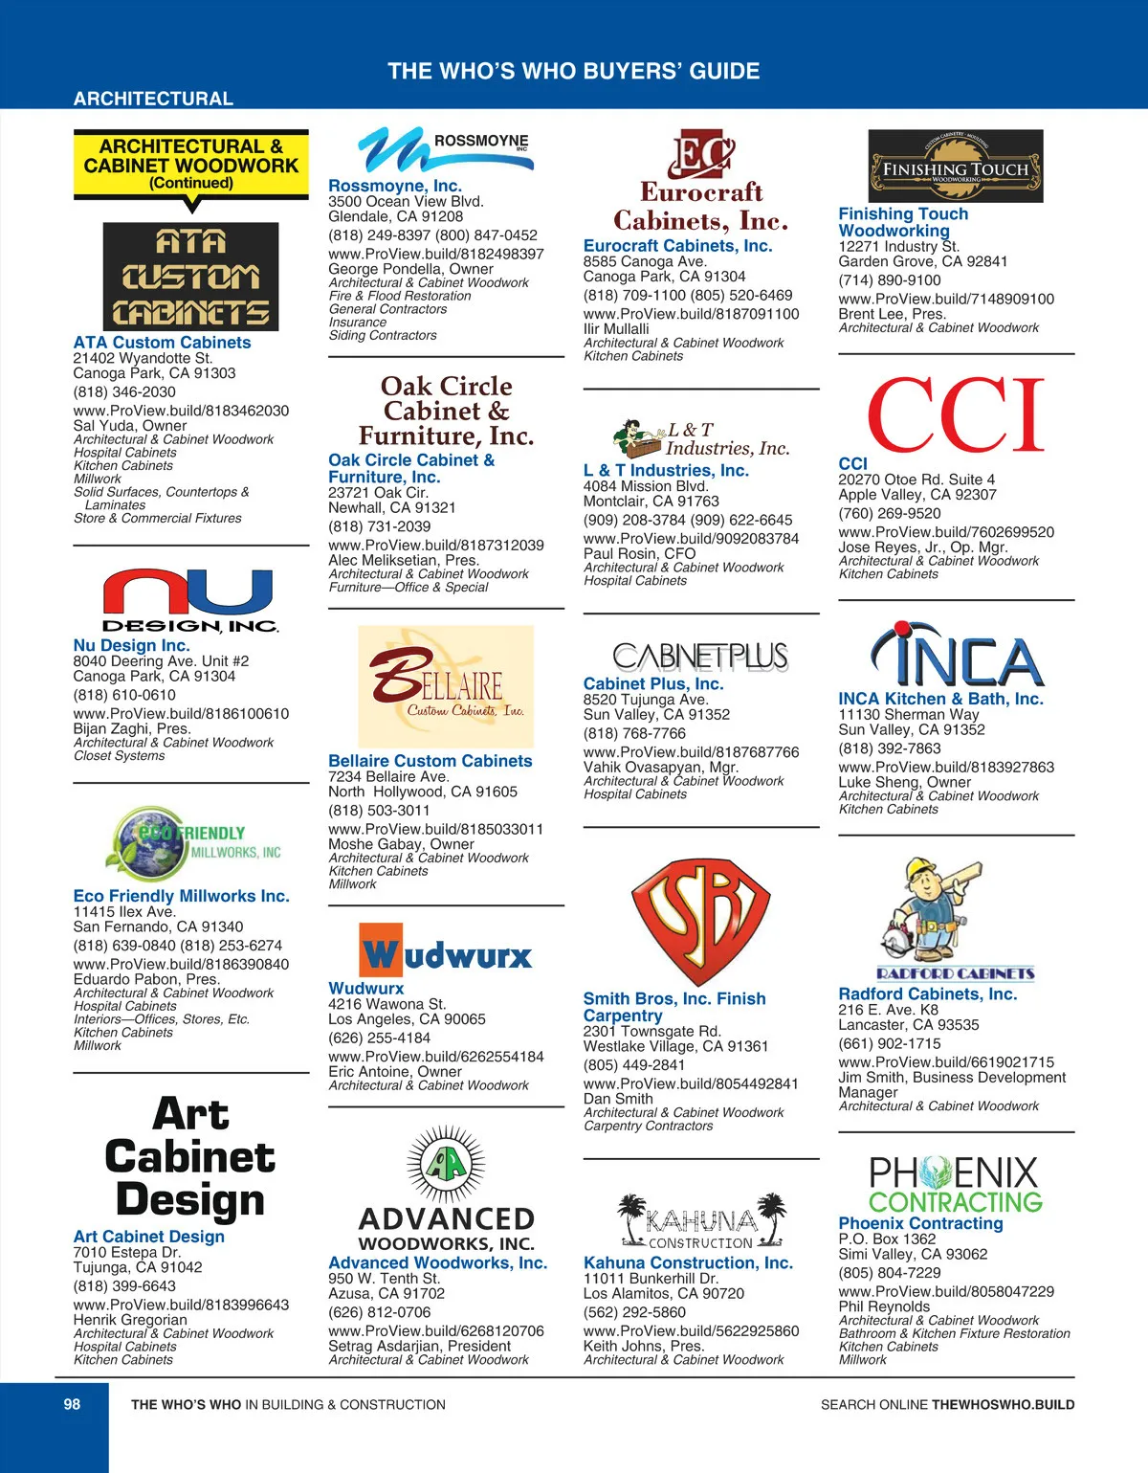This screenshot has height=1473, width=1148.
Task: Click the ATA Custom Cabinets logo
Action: pos(190,277)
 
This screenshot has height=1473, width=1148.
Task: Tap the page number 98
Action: pos(72,1404)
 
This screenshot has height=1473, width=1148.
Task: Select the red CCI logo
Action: pos(956,414)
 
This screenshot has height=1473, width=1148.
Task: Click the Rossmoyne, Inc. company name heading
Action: pos(394,186)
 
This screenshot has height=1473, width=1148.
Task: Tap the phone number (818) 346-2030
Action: pos(124,392)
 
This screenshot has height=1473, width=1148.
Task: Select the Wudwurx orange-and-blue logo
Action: pos(446,949)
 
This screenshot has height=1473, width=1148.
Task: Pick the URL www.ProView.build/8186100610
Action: pos(181,714)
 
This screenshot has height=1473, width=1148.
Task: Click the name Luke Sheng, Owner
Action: pos(904,782)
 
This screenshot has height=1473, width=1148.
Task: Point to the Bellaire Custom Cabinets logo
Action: pos(446,686)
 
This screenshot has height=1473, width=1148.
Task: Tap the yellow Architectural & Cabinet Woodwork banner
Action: pos(191,165)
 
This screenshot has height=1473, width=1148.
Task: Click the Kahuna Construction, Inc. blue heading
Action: pos(688,1262)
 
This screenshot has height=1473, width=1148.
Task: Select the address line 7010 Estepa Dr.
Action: pos(127,1252)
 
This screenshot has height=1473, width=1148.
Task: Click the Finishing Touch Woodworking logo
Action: pos(955,167)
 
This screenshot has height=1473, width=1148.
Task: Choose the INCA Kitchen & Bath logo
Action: pos(956,657)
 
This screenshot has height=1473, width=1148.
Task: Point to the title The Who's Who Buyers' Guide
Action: pos(573,71)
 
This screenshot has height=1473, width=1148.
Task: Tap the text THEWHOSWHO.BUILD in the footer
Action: pos(1003,1405)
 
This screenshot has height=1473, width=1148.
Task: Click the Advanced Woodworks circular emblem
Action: pos(446,1165)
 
